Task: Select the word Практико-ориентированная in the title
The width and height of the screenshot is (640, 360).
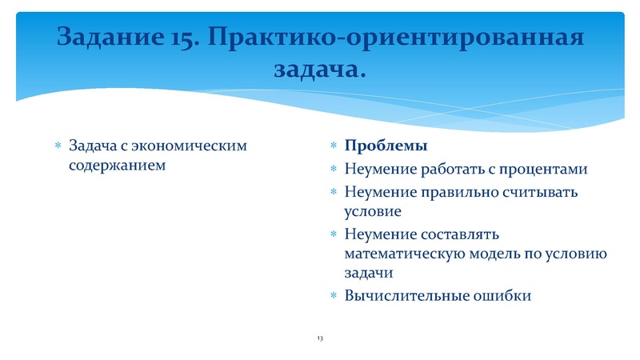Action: point(398,38)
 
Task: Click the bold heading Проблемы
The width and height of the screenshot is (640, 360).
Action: point(386,146)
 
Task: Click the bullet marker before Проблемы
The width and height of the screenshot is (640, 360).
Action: point(334,147)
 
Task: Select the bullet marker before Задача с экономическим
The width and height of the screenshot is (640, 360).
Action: point(57,147)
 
